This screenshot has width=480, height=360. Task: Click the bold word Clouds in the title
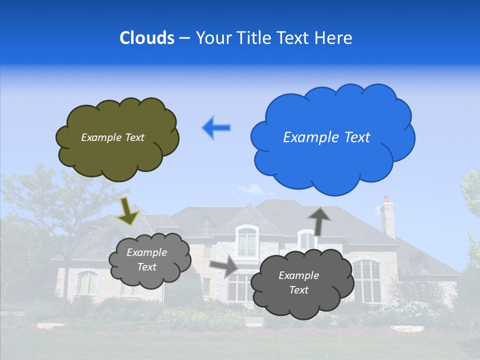147,38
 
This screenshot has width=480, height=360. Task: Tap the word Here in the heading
334,38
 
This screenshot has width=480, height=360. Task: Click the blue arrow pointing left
216,127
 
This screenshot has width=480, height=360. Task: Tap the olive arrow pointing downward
127,210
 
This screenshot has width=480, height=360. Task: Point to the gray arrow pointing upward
319,220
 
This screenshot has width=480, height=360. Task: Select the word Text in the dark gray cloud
299,290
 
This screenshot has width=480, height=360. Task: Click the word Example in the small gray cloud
147,252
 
